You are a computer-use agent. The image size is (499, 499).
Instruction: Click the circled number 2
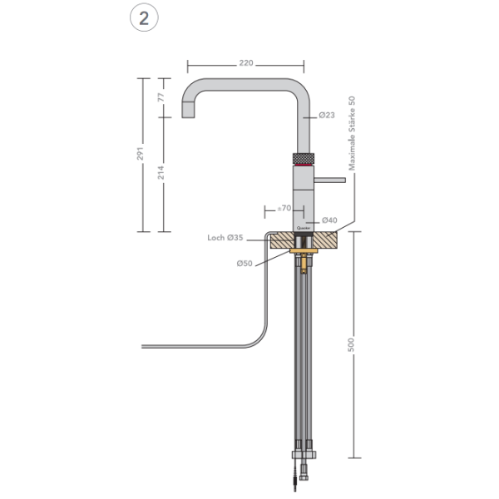tap(144, 19)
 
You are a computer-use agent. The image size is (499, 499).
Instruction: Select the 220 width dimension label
tap(245, 62)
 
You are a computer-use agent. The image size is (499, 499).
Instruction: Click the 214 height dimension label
tap(161, 172)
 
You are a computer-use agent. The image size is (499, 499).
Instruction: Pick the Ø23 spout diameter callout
tap(326, 116)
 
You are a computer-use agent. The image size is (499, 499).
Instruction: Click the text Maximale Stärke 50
tap(352, 133)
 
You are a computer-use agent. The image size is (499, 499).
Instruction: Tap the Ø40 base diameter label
tap(329, 220)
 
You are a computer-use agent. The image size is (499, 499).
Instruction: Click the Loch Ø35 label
tap(225, 238)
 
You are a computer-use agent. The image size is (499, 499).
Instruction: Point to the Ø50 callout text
tap(244, 264)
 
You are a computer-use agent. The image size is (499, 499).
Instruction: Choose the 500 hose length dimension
tap(352, 343)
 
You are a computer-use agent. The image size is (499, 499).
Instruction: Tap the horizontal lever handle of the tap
tap(329, 177)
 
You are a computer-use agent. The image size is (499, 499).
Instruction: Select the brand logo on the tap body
tap(303, 224)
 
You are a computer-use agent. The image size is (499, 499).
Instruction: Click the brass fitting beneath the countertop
tap(304, 263)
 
